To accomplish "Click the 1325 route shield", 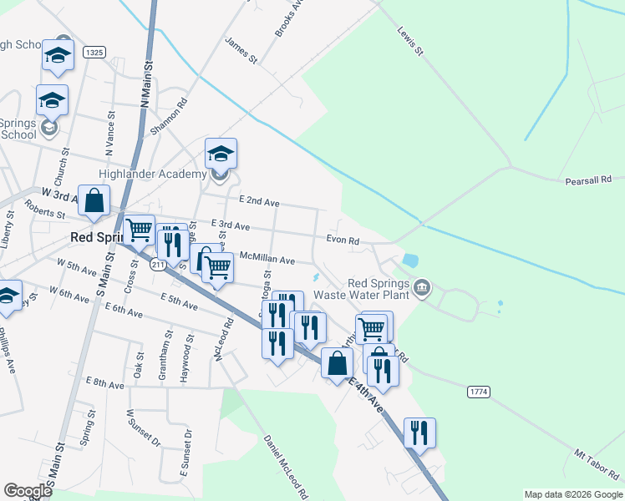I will tap(94, 53).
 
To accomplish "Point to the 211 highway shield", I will tap(158, 265).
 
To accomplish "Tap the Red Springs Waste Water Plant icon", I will tap(423, 288).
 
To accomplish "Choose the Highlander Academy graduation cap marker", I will tap(221, 154).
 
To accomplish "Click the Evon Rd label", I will tap(343, 240).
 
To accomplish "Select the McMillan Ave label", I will tap(267, 260).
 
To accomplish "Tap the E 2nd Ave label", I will tap(259, 202).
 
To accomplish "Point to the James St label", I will tap(241, 49).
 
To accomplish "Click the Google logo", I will tap(28, 491).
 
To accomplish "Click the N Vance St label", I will tap(109, 137).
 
